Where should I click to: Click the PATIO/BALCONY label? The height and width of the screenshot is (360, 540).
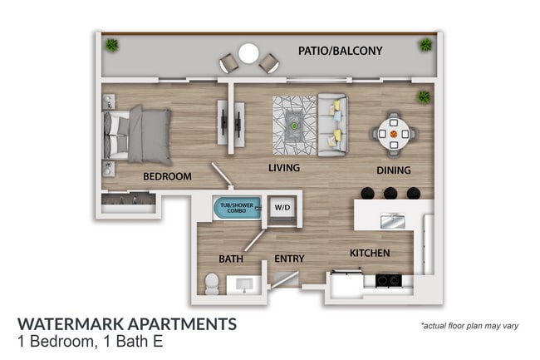tap(340, 52)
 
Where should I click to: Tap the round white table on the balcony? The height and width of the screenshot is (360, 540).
tap(248, 54)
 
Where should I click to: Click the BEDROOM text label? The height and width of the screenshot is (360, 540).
tap(167, 176)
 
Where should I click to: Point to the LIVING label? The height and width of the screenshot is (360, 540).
tap(283, 168)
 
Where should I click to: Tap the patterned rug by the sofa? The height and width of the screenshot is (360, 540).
tap(294, 126)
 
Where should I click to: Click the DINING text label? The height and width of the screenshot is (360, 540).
tap(393, 170)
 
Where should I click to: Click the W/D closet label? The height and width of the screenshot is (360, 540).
tap(282, 208)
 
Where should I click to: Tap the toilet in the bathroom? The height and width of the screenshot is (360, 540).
tap(211, 284)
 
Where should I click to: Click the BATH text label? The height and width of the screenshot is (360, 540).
tap(231, 259)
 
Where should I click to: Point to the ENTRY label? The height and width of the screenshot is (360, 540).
tap(291, 259)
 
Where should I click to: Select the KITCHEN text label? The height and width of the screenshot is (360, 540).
tap(371, 253)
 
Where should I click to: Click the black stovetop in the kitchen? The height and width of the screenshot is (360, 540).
tap(386, 281)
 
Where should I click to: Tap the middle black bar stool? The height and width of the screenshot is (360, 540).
tap(390, 193)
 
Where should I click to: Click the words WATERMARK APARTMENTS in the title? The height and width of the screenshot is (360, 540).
tap(126, 323)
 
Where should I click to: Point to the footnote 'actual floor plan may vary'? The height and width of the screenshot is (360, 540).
tap(469, 325)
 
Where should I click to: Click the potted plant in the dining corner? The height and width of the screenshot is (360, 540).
tap(425, 97)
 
